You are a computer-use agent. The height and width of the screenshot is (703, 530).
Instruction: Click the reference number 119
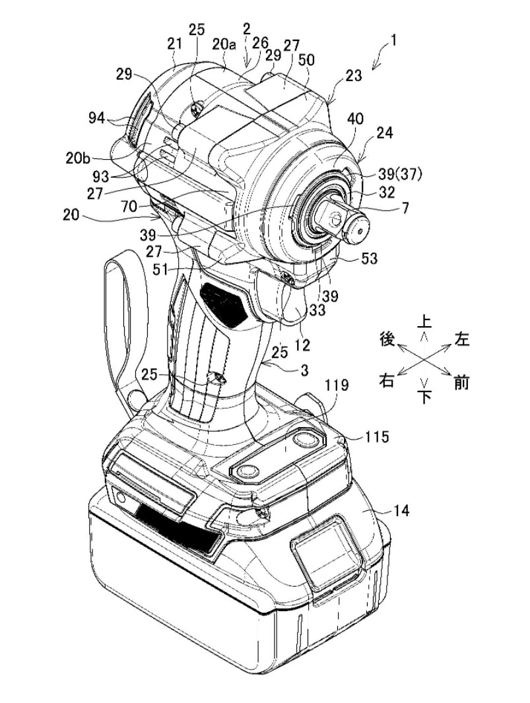click(x=337, y=385)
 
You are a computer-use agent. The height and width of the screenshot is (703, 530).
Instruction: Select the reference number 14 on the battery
click(x=401, y=510)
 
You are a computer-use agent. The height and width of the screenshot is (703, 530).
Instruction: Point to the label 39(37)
click(x=397, y=176)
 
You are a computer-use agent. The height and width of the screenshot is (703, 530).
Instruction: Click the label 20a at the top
click(x=224, y=44)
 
